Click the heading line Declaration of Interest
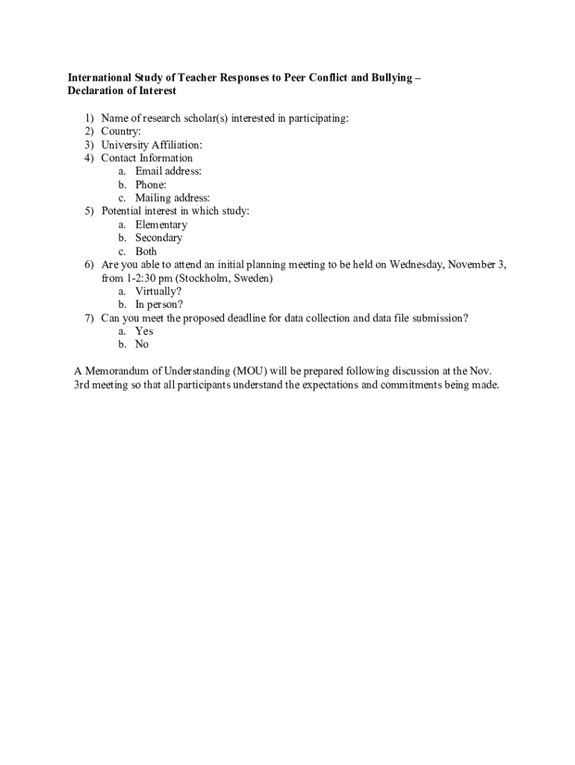tap(122, 91)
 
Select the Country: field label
tap(121, 131)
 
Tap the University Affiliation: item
tap(152, 145)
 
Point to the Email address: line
tap(168, 171)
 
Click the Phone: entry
tap(151, 185)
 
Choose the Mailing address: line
tap(172, 198)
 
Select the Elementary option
tap(161, 225)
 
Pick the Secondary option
tap(158, 238)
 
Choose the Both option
tap(146, 252)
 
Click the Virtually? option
tap(158, 291)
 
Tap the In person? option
tap(159, 305)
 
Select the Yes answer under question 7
tap(144, 331)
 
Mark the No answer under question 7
tap(142, 344)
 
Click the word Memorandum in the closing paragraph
tap(118, 371)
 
